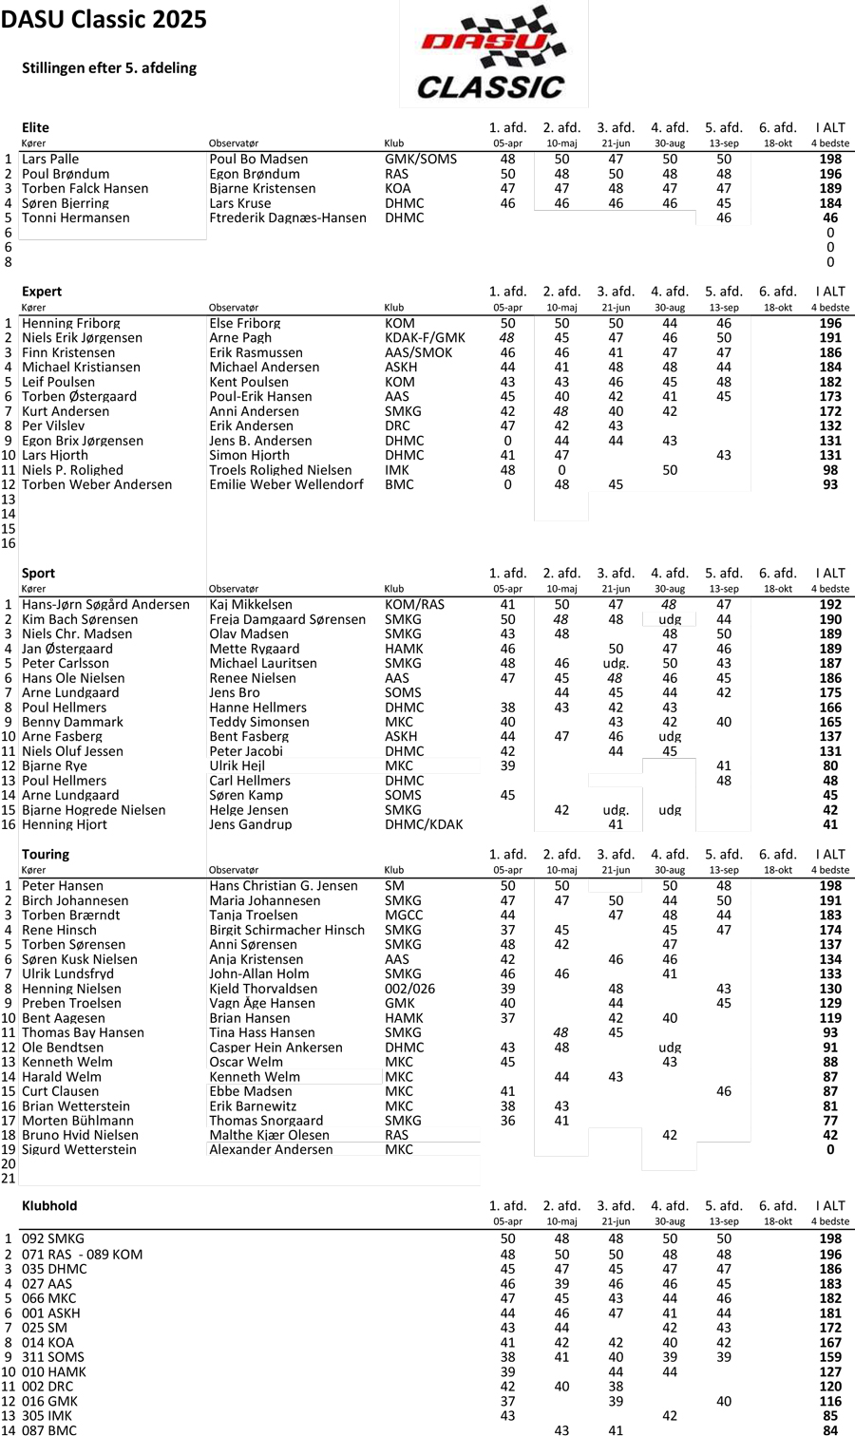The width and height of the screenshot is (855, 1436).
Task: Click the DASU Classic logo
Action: tap(492, 53)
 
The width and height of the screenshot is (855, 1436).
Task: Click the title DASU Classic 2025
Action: tap(104, 20)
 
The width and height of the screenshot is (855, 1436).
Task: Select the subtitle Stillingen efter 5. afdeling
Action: tap(109, 68)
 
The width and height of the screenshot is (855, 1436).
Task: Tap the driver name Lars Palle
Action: tap(50, 160)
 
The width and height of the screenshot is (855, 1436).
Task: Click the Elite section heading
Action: tap(35, 127)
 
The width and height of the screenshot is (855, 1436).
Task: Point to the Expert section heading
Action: tap(42, 292)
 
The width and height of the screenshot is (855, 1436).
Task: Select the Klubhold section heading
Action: tap(49, 1206)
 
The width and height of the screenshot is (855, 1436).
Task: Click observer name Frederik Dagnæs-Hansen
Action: tap(288, 218)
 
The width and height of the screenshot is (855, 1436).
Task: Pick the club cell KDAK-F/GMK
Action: tap(425, 338)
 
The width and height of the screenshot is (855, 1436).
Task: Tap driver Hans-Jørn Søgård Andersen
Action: tap(105, 605)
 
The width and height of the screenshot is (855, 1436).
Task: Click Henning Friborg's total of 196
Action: tap(830, 324)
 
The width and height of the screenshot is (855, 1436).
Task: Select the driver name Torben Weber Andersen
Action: tap(97, 485)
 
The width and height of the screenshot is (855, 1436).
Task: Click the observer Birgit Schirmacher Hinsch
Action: tap(287, 931)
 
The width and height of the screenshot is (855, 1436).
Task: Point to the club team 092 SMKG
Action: tap(52, 1239)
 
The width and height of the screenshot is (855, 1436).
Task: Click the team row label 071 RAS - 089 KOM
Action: tap(82, 1255)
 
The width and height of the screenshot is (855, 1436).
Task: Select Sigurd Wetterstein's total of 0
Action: tap(830, 1150)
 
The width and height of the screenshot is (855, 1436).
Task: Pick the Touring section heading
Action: tap(46, 855)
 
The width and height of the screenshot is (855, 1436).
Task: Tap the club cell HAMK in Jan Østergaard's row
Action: tap(403, 650)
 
